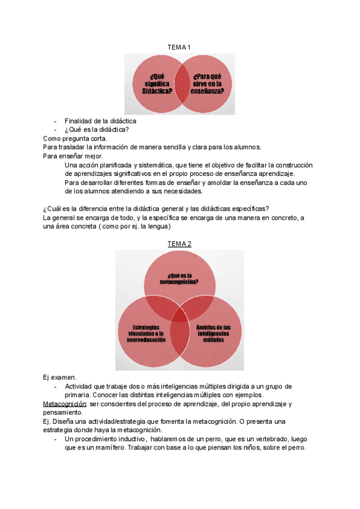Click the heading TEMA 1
click(180, 47)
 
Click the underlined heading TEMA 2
click(180, 243)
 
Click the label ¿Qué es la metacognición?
click(180, 278)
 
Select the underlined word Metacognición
click(65, 405)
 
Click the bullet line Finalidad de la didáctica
click(100, 121)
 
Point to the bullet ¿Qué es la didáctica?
click(97, 129)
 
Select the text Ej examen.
click(59, 377)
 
